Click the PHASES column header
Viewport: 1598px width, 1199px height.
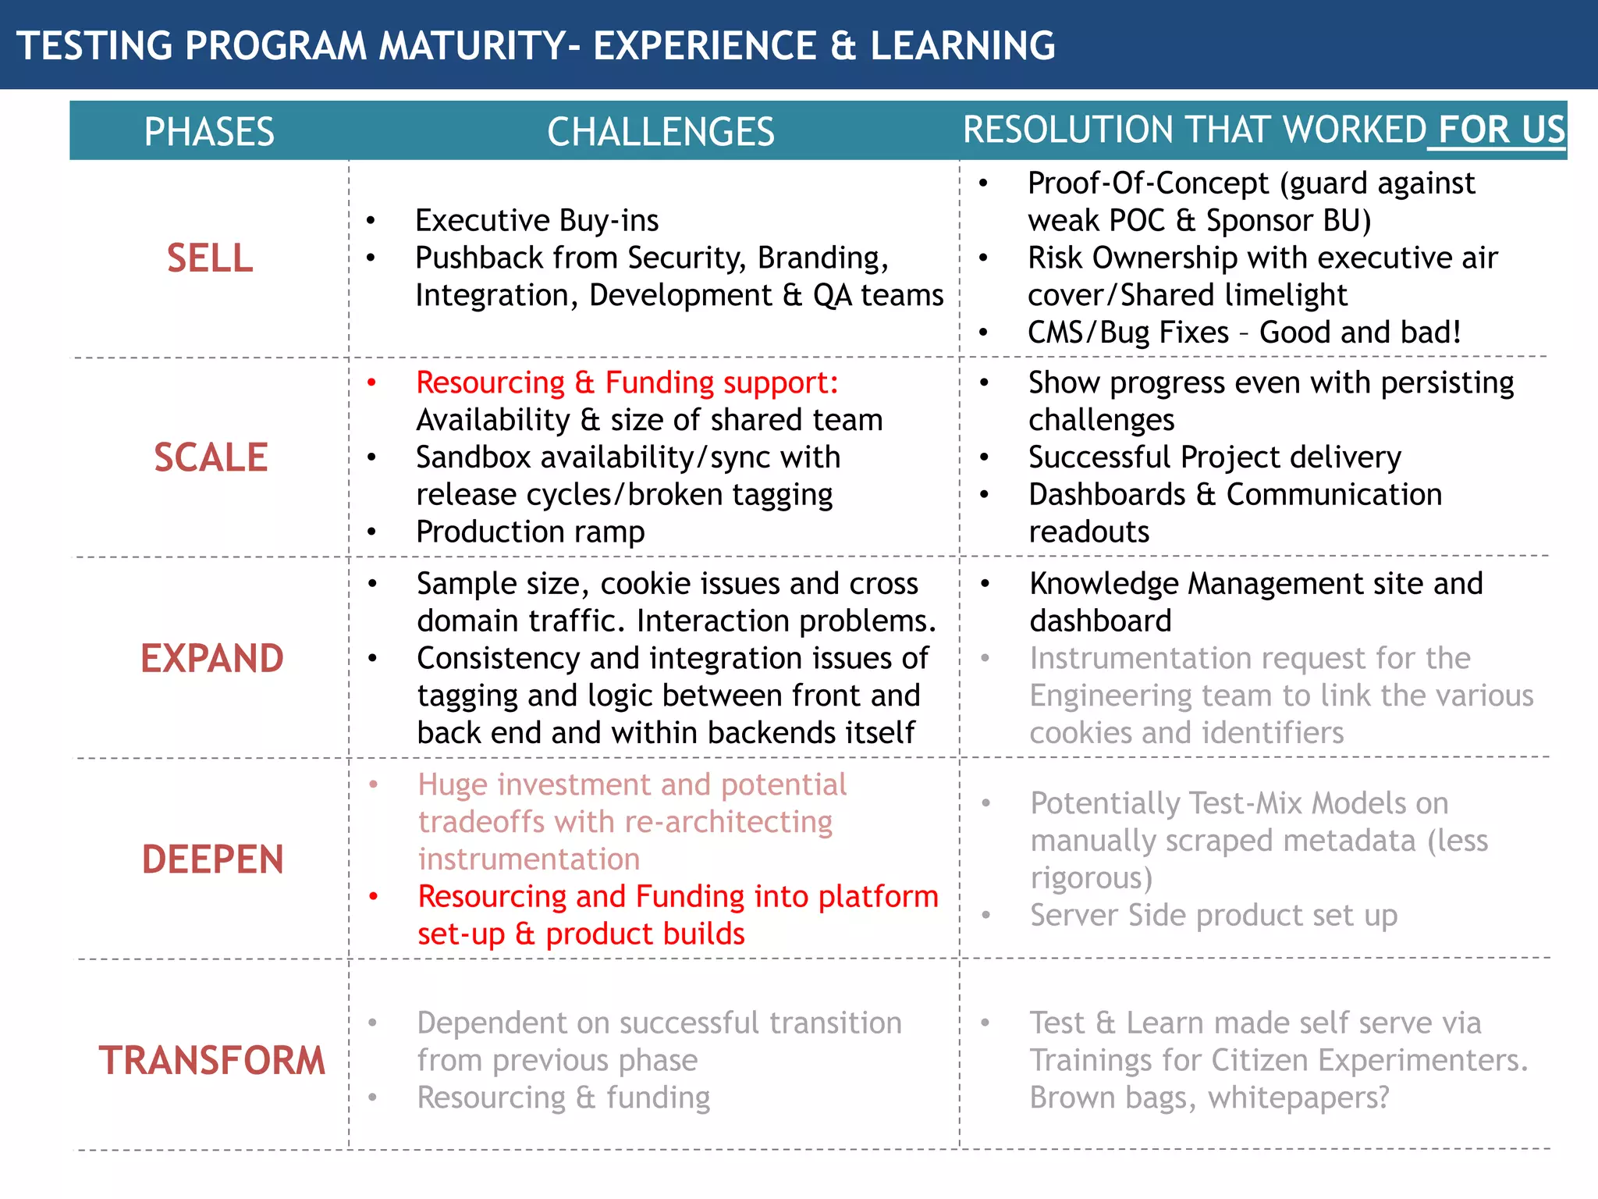pyautogui.click(x=209, y=131)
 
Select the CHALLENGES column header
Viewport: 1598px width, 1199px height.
pyautogui.click(x=660, y=131)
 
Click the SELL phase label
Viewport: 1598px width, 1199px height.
pyautogui.click(x=210, y=258)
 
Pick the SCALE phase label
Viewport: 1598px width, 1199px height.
pyautogui.click(x=211, y=457)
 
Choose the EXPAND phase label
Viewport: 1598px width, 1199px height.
pyautogui.click(x=212, y=658)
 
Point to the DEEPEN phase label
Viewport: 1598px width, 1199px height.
pyautogui.click(x=212, y=859)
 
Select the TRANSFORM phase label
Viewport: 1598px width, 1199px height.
pyautogui.click(x=211, y=1060)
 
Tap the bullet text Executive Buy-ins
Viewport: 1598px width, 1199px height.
pyautogui.click(x=537, y=221)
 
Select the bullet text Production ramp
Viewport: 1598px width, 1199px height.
pyautogui.click(x=531, y=532)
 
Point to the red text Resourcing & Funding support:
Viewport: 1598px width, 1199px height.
pyautogui.click(x=627, y=382)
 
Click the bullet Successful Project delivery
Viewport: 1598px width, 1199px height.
pyautogui.click(x=1215, y=457)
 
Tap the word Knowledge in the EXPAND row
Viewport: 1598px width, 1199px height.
pyautogui.click(x=1103, y=584)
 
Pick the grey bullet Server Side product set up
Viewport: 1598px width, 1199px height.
pyautogui.click(x=1213, y=916)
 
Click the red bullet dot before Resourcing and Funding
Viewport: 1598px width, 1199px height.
pyautogui.click(x=374, y=897)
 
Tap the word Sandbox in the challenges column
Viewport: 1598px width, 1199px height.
pyautogui.click(x=472, y=457)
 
